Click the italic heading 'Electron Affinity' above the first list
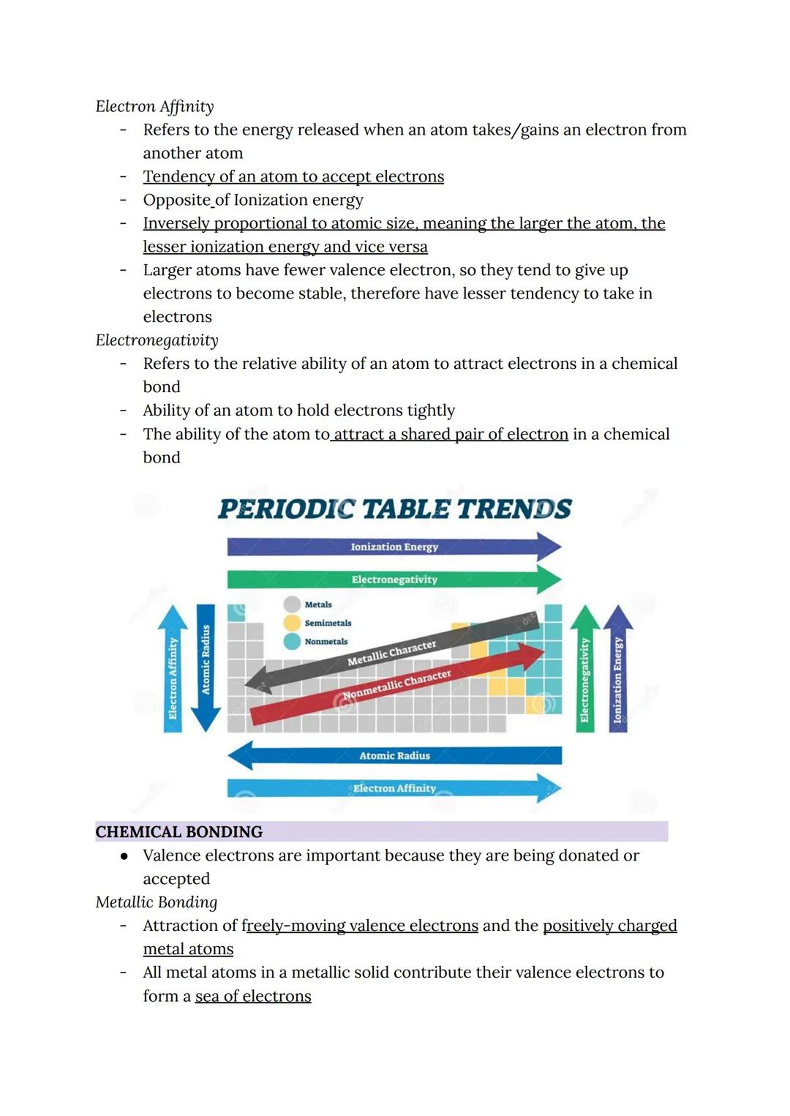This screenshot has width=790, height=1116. (154, 107)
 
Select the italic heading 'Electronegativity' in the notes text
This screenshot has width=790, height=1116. (157, 340)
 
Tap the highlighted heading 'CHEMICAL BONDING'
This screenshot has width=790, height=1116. (179, 832)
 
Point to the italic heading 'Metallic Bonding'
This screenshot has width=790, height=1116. (157, 902)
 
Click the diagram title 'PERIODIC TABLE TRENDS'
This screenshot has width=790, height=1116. (395, 509)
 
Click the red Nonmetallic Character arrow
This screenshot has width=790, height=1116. (397, 684)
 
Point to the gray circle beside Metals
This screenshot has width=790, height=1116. (293, 604)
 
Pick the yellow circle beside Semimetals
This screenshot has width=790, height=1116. (293, 623)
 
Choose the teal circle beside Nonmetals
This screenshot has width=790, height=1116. (293, 641)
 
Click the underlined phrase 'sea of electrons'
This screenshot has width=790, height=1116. (253, 996)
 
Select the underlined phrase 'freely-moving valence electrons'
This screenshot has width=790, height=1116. (360, 926)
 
